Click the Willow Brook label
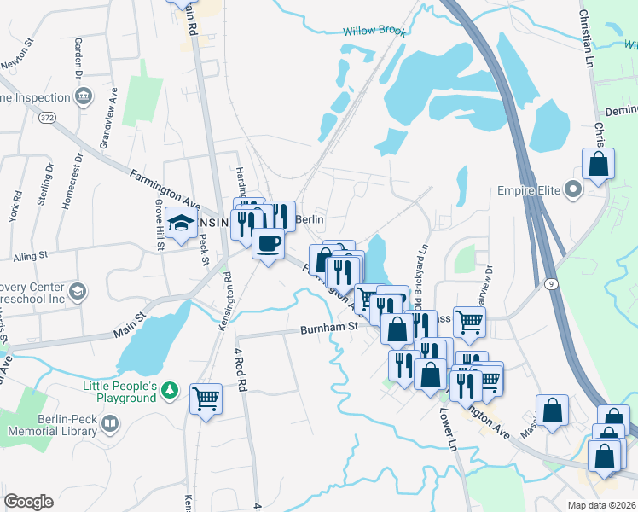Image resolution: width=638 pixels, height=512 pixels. [x=374, y=31]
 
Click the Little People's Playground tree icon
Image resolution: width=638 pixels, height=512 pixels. [x=171, y=391]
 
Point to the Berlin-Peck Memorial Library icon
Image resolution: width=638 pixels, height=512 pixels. [x=110, y=423]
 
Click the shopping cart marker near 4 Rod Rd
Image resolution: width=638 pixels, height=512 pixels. [x=206, y=398]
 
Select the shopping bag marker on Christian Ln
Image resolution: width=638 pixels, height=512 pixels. [x=598, y=164]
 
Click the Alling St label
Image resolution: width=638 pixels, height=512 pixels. [x=31, y=256]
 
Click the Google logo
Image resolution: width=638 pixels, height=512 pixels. [x=28, y=502]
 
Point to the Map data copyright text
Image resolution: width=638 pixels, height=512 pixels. [x=600, y=505]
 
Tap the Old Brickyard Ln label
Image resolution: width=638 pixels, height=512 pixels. [x=420, y=276]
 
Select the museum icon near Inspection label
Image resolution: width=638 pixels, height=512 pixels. [x=83, y=96]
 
